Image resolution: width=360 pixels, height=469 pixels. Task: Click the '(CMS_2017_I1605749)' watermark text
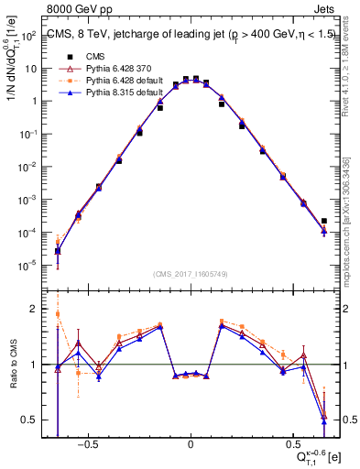[x=190, y=274]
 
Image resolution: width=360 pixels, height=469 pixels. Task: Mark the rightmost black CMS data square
[x=324, y=221]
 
